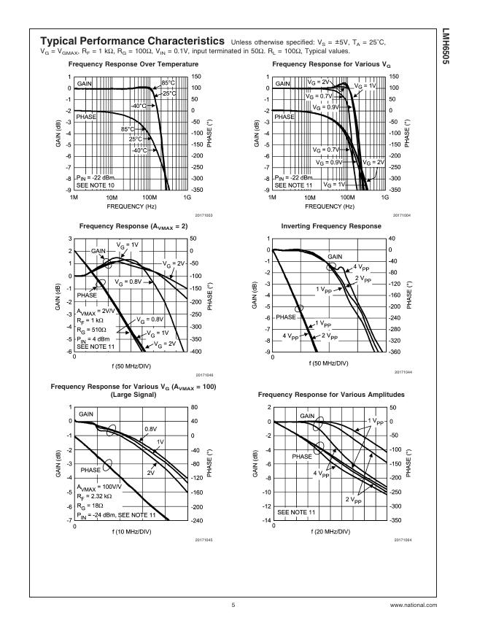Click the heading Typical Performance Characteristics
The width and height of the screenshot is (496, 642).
coord(131,41)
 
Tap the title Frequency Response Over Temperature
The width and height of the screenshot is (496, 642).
coord(138,64)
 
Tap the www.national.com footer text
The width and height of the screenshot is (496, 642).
coord(413,605)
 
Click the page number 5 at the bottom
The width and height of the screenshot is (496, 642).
coord(233,605)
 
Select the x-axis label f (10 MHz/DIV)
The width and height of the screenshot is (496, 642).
coord(131,532)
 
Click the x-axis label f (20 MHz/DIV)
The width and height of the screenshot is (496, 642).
coord(329,532)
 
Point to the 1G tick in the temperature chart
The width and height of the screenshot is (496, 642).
coord(187,198)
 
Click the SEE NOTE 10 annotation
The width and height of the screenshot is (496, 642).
coord(95,185)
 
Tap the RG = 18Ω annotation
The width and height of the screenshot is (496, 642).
coord(90,506)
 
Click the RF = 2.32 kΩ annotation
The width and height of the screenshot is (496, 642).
coord(96,496)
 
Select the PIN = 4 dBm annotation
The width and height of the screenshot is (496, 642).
coord(95,339)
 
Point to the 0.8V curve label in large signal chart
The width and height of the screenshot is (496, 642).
coord(150,428)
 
